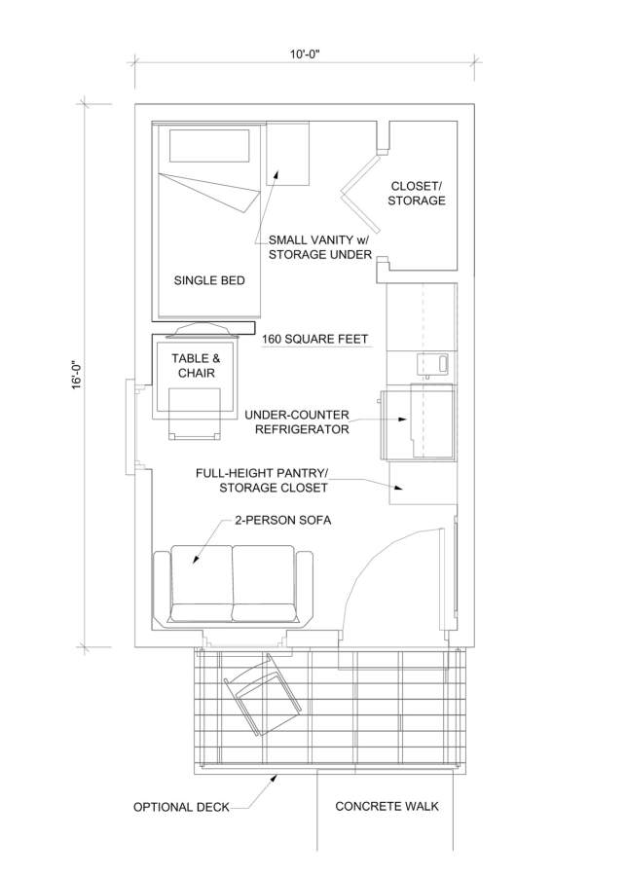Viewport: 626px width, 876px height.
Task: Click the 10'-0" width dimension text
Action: [x=304, y=55]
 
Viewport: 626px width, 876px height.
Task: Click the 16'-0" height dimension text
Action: [x=78, y=375]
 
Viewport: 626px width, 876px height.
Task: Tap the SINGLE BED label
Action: [x=209, y=280]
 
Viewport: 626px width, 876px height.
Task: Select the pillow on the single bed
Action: [x=209, y=146]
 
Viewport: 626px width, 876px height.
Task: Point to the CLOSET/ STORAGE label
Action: [x=417, y=194]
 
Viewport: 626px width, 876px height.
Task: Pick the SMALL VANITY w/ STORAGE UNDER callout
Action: [x=319, y=247]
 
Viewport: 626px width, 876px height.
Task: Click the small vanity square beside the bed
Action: [x=287, y=154]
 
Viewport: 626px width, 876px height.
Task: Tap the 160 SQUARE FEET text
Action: [x=315, y=339]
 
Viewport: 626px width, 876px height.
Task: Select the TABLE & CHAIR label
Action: [x=196, y=365]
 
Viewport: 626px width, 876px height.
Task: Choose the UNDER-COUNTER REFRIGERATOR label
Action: [x=297, y=422]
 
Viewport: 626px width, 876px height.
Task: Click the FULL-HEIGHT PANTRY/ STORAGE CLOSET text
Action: [x=262, y=481]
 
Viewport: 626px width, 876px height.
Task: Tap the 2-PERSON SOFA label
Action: [x=282, y=520]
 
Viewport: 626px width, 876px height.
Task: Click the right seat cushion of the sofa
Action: [x=263, y=584]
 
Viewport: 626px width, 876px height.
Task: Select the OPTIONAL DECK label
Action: [x=181, y=807]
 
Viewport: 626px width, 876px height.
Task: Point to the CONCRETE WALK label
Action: [x=387, y=806]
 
